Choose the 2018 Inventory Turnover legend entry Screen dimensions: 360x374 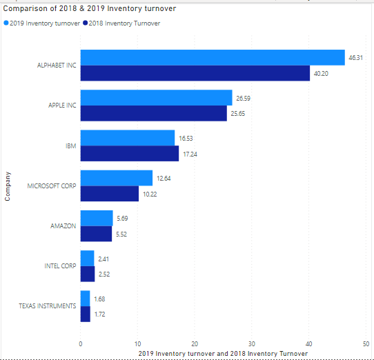point(124,23)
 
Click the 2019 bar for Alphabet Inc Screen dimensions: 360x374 point(213,57)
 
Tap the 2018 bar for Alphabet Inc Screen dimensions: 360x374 point(195,73)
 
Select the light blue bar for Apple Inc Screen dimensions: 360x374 point(156,97)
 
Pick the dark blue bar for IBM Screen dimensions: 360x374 point(130,153)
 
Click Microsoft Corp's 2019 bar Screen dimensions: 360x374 point(117,178)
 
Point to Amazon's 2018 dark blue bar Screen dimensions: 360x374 point(96,234)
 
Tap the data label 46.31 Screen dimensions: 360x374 point(355,57)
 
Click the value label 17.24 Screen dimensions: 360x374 point(190,153)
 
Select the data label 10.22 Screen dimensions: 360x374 point(150,194)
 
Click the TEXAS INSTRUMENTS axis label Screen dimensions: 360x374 point(48,306)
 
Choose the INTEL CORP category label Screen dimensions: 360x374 point(59,266)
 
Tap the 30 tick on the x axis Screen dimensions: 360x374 point(252,343)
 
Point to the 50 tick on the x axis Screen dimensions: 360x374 point(366,343)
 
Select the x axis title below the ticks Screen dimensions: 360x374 point(222,352)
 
